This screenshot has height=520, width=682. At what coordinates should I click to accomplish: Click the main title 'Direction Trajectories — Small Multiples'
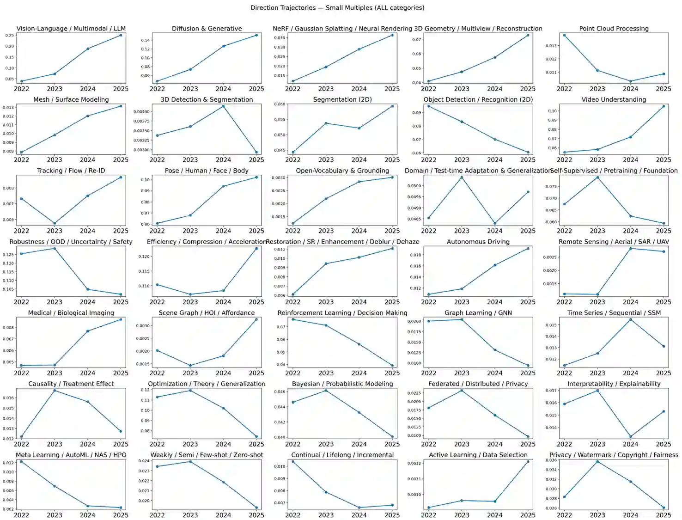[337, 7]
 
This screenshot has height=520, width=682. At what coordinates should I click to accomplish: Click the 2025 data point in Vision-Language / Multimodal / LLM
[121, 35]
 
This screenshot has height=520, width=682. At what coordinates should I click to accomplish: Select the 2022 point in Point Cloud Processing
[564, 35]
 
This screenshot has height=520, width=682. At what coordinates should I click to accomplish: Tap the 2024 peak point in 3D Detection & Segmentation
[223, 106]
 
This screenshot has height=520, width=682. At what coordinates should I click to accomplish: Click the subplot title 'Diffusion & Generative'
[207, 29]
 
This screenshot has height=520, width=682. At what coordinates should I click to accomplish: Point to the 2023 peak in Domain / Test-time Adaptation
[462, 177]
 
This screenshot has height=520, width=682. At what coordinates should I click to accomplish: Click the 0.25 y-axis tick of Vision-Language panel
[9, 35]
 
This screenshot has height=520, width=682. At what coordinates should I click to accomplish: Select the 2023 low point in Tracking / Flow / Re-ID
[55, 223]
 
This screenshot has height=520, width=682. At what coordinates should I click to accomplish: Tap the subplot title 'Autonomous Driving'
[478, 242]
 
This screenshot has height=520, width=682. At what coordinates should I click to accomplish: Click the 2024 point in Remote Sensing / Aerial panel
[630, 249]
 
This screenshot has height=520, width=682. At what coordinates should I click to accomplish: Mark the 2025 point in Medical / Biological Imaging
[121, 319]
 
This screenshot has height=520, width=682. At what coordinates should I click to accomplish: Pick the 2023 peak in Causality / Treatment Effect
[55, 391]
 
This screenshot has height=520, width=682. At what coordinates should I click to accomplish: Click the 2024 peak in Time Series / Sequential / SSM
[630, 319]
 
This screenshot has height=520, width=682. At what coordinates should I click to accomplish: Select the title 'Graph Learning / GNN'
[478, 313]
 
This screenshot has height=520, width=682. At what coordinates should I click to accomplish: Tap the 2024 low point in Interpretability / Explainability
[630, 436]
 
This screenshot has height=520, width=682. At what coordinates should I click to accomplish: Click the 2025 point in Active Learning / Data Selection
[528, 462]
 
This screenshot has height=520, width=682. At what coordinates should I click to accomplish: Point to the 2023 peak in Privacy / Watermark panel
[597, 462]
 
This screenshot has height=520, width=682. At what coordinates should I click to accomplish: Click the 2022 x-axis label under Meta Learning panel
[21, 515]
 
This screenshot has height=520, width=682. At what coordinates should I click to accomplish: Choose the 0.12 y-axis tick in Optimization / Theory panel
[145, 390]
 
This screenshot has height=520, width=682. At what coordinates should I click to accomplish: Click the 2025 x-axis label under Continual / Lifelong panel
[392, 515]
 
